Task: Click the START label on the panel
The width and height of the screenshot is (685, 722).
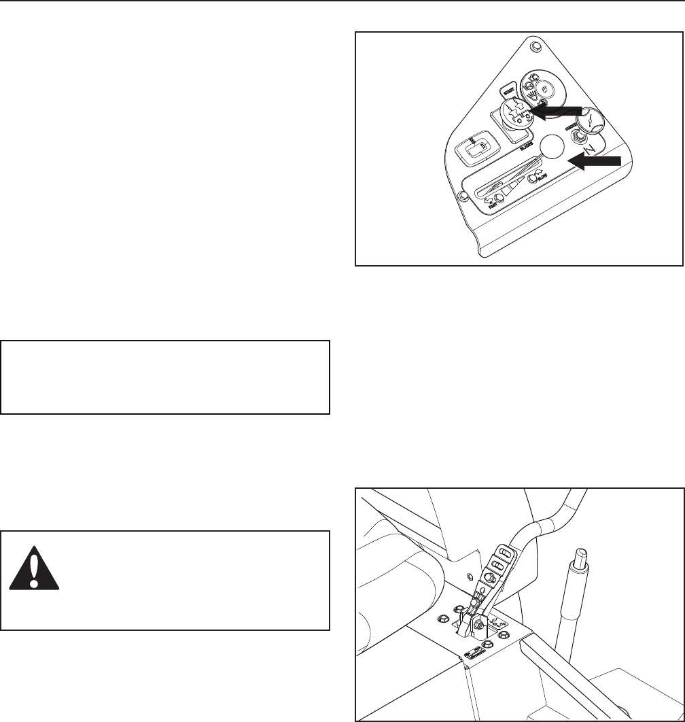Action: [508, 88]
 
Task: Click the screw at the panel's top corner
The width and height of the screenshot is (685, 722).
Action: [536, 47]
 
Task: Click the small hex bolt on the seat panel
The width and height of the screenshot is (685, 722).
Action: [472, 575]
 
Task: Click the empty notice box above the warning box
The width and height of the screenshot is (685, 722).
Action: [165, 377]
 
